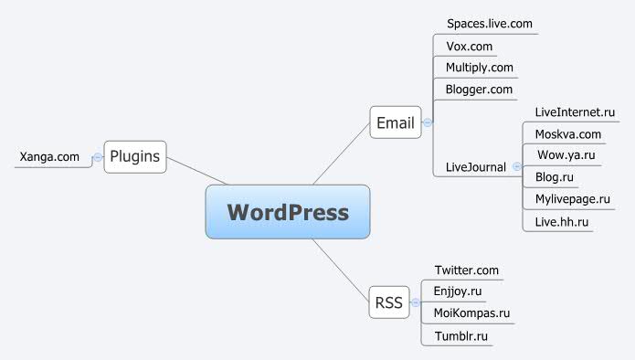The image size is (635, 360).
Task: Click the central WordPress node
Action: (288, 212)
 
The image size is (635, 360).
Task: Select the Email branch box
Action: (396, 122)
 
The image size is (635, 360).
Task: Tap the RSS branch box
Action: (388, 303)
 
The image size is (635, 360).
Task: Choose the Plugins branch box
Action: (135, 157)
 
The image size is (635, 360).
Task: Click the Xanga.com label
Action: (49, 157)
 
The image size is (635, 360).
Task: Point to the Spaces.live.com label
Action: (489, 22)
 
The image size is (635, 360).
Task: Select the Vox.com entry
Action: (470, 45)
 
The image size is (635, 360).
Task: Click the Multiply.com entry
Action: (479, 67)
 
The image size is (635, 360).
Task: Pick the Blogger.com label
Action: (479, 89)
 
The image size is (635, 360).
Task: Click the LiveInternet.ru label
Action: (575, 111)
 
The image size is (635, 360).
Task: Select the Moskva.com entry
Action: (567, 133)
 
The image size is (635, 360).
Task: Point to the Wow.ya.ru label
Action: (565, 155)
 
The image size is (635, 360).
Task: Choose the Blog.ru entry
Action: (554, 177)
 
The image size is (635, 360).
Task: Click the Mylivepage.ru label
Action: (572, 198)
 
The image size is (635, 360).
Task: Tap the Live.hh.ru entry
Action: (561, 220)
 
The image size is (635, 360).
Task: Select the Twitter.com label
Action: (466, 270)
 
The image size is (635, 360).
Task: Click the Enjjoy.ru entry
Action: (458, 291)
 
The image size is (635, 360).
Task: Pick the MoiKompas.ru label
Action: (471, 313)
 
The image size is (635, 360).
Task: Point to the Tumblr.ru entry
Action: (460, 335)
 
